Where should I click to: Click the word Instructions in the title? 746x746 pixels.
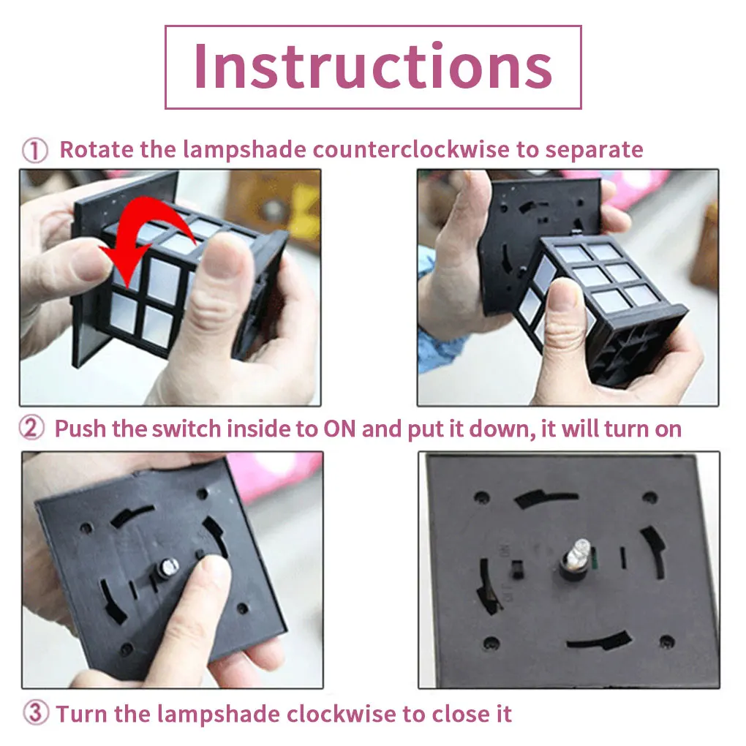point(373,66)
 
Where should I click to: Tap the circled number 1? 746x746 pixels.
point(34,151)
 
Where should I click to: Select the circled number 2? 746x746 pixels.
point(31,428)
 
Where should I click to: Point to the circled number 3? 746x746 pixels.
point(36,713)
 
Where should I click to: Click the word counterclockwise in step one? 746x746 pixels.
point(411,149)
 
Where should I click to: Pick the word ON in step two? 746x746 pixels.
point(339,429)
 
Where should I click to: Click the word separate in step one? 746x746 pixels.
point(594,151)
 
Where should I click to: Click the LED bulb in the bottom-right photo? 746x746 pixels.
point(577,557)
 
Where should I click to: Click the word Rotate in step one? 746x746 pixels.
point(97,149)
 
